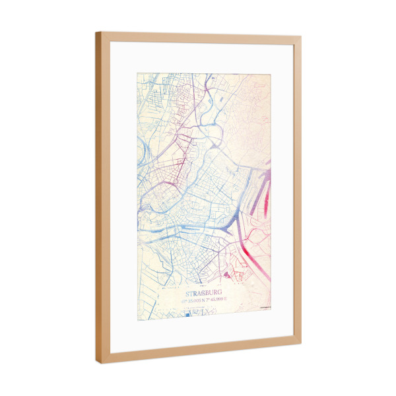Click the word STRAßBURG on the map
(x=204, y=292)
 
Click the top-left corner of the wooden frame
(x=96, y=32)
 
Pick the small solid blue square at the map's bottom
(x=187, y=315)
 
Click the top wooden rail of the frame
(x=198, y=38)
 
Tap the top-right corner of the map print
(x=271, y=74)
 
